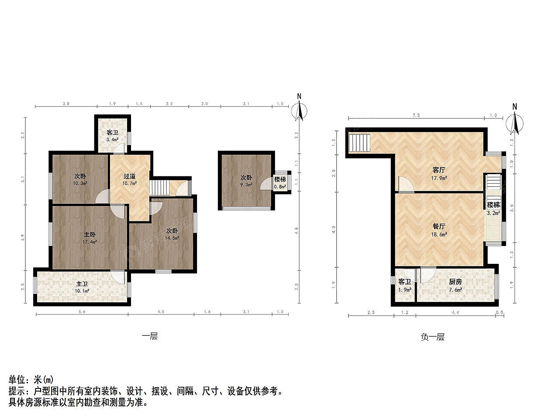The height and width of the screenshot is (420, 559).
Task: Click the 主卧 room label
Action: tap(90, 234)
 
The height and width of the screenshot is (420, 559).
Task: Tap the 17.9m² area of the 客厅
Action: tap(439, 178)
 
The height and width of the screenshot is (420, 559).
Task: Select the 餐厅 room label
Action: tap(439, 226)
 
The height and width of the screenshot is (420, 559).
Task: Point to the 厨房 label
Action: tap(455, 282)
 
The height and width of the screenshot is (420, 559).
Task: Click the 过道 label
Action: tap(129, 176)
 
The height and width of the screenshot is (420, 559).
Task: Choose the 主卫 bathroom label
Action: tap(82, 284)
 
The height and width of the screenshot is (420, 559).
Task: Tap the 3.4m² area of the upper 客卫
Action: tap(112, 140)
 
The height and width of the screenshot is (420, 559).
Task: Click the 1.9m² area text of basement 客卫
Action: tap(405, 290)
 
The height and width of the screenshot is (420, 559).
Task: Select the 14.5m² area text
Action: tap(172, 238)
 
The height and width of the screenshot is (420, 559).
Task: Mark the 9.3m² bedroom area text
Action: tap(246, 184)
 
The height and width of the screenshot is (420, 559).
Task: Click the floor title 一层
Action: tap(150, 336)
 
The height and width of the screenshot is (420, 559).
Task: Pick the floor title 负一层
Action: tap(433, 337)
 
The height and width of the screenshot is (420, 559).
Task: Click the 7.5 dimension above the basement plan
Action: tap(416, 115)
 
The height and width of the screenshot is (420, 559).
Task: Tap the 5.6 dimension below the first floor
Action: tap(82, 311)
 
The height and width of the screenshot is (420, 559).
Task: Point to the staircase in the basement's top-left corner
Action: tap(359, 143)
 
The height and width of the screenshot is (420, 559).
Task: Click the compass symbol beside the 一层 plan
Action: tap(300, 109)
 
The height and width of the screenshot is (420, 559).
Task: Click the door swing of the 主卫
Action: tap(117, 276)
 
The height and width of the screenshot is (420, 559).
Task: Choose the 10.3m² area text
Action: tap(80, 183)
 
